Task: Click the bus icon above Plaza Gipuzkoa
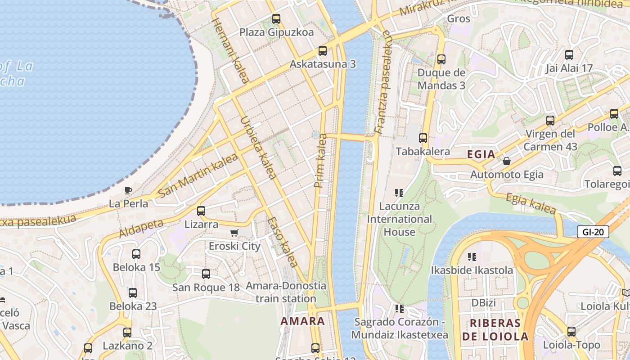coord(276,19)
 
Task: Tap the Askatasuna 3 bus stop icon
coord(322,50)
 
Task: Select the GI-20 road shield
coord(593,232)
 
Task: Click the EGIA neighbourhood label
coord(481,154)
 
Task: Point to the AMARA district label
coord(302,321)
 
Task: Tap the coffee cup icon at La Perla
coord(128,190)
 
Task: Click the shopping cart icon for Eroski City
coord(234,233)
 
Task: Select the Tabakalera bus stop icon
coord(423,138)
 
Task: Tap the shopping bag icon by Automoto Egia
coord(507,161)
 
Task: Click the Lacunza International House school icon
coord(399,193)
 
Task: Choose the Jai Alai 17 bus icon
coord(569,55)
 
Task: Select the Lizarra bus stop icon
coord(201,211)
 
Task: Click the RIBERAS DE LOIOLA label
coord(495,329)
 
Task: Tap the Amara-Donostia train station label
coord(286,292)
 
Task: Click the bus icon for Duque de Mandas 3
coord(441,59)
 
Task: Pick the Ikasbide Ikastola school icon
coord(472,257)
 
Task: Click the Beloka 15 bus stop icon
coord(136,254)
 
